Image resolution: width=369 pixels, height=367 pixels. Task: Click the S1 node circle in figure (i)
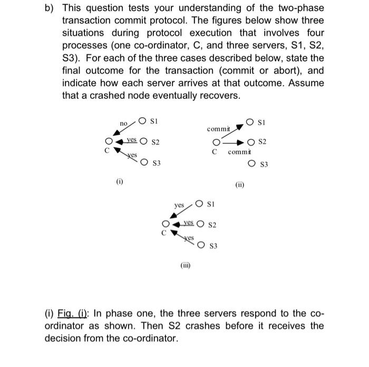pos(143,121)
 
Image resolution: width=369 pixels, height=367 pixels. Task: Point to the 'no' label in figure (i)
pos(123,123)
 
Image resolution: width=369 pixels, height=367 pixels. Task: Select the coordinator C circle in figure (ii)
pos(215,142)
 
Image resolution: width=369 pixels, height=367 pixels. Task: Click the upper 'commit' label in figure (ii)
pos(218,128)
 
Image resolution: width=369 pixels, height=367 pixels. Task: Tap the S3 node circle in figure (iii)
pos(202,245)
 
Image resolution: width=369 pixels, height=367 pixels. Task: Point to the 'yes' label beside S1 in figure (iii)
pos(179,205)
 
